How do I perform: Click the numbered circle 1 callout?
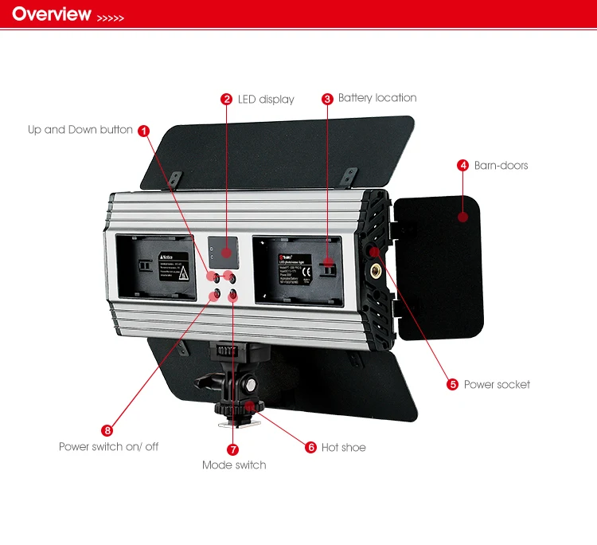pyautogui.click(x=143, y=130)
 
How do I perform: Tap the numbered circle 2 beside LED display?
pyautogui.click(x=227, y=100)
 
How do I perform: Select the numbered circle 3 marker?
pyautogui.click(x=327, y=99)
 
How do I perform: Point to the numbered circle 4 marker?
pyautogui.click(x=462, y=166)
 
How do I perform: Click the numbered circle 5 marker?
pyautogui.click(x=453, y=385)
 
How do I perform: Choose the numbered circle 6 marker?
pyautogui.click(x=311, y=447)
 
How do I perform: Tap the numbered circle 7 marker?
pyautogui.click(x=233, y=449)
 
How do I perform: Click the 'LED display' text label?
pyautogui.click(x=266, y=100)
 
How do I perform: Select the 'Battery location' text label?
pyautogui.click(x=377, y=98)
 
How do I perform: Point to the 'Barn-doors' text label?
pyautogui.click(x=501, y=166)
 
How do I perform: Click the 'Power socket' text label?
pyautogui.click(x=497, y=385)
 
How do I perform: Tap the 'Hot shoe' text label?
pyautogui.click(x=344, y=448)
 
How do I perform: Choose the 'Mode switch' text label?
pyautogui.click(x=234, y=465)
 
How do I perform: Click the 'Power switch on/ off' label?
pyautogui.click(x=108, y=447)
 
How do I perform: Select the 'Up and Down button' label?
pyautogui.click(x=80, y=130)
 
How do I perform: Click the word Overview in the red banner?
pyautogui.click(x=52, y=14)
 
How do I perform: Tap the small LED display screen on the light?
pyautogui.click(x=224, y=251)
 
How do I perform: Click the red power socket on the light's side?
pyautogui.click(x=374, y=253)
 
